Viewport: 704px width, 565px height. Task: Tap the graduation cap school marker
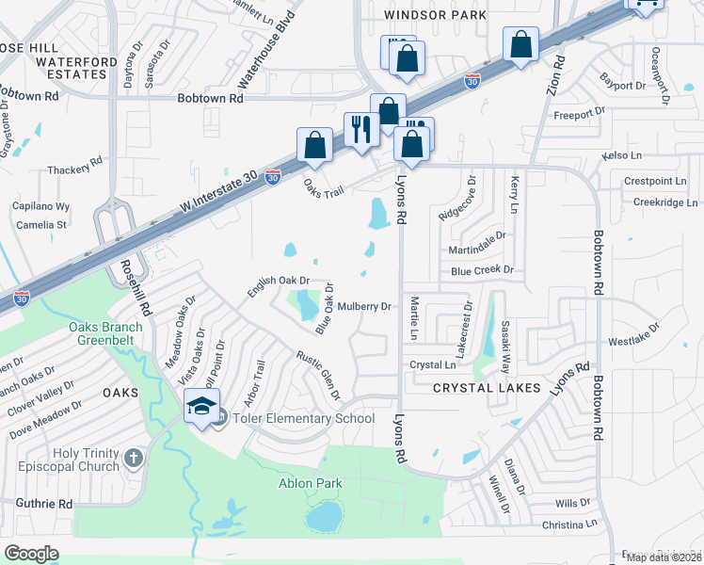point(202,407)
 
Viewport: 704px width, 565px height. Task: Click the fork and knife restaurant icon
point(361,129)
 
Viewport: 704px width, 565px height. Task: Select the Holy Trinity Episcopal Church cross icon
point(134,459)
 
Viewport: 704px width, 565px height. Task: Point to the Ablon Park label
point(310,484)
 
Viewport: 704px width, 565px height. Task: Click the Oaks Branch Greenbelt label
point(105,334)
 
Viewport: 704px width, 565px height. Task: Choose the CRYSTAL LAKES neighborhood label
point(487,388)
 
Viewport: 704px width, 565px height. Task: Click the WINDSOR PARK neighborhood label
point(436,15)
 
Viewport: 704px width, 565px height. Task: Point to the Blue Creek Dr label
point(481,269)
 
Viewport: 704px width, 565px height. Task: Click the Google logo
point(32,554)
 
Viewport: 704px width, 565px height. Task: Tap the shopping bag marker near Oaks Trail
point(314,146)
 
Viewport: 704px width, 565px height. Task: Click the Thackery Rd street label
point(77,167)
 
